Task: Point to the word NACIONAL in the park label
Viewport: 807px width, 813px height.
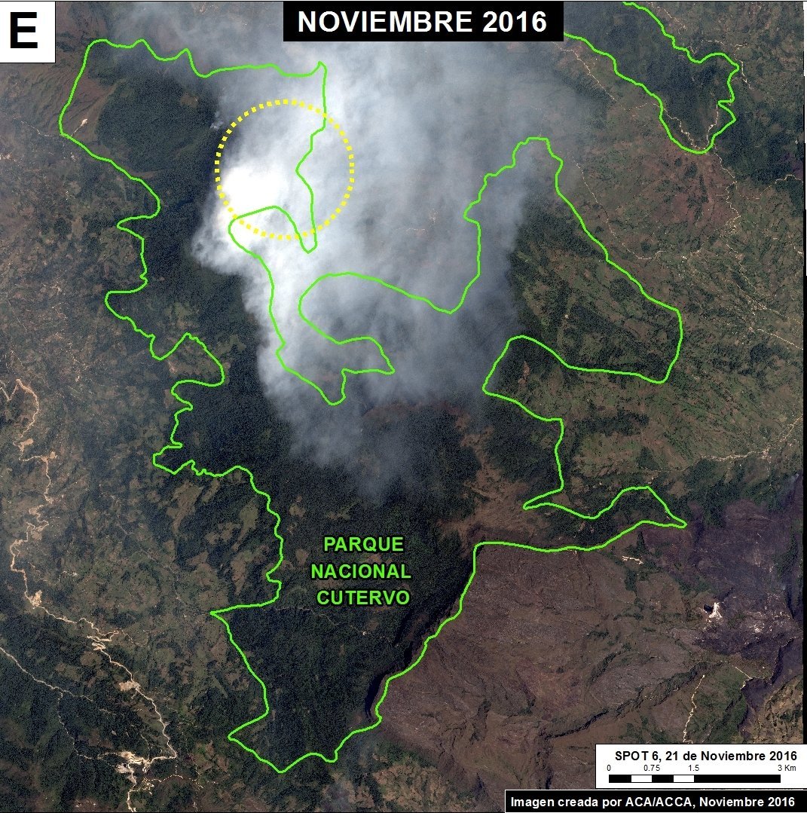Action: coord(361,571)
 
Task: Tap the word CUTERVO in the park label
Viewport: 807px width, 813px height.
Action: coord(363,598)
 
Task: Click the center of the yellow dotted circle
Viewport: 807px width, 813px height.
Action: coord(285,170)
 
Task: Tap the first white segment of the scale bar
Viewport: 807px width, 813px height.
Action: coord(641,778)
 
